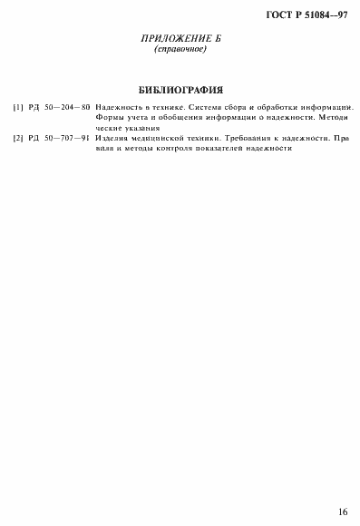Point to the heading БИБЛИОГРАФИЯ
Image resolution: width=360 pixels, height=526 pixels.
pos(180,90)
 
